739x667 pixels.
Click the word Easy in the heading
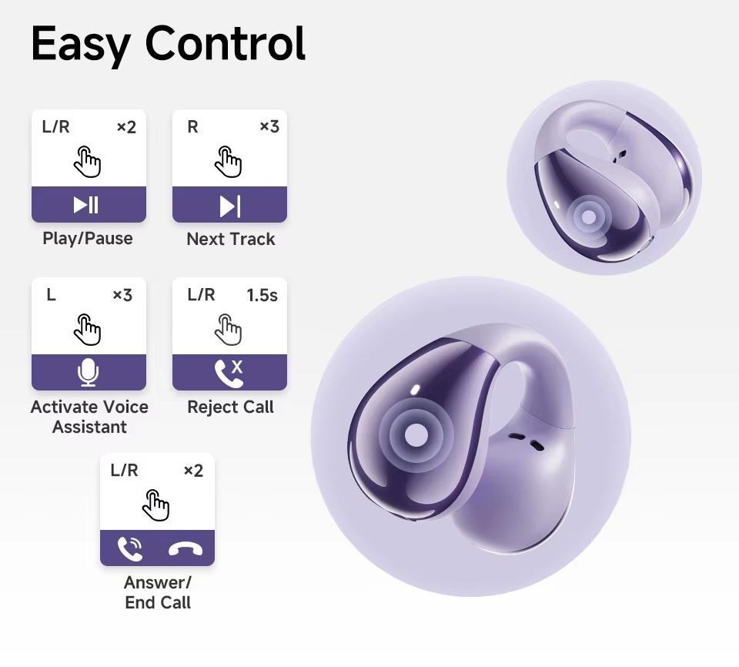tap(81, 45)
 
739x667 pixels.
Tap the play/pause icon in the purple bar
tap(85, 205)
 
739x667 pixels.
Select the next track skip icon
tap(230, 206)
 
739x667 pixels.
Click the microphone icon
tap(88, 372)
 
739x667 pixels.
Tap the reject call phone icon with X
tap(229, 373)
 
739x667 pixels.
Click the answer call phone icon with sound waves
tap(130, 548)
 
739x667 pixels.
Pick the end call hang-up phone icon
tap(186, 550)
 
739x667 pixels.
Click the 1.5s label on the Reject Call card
tap(262, 295)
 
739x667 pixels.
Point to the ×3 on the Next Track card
tap(269, 126)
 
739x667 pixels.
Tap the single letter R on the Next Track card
tap(192, 127)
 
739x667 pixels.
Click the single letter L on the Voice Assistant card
tap(51, 295)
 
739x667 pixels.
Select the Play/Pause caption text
tap(88, 239)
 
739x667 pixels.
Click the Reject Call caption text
tap(230, 407)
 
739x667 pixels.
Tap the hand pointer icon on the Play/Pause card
tap(88, 162)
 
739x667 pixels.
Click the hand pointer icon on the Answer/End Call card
tap(156, 505)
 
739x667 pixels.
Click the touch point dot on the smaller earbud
tap(588, 217)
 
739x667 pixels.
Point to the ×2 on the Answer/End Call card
tap(193, 471)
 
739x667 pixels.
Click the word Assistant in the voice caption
tap(89, 427)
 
